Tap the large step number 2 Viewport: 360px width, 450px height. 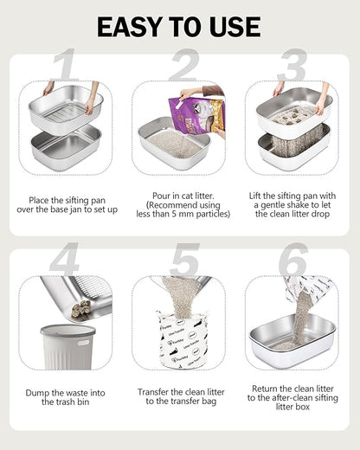(x=183, y=67)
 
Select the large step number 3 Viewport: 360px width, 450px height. (x=292, y=67)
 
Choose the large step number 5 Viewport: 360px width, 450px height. (x=184, y=260)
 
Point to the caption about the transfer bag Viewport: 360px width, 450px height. (x=183, y=396)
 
